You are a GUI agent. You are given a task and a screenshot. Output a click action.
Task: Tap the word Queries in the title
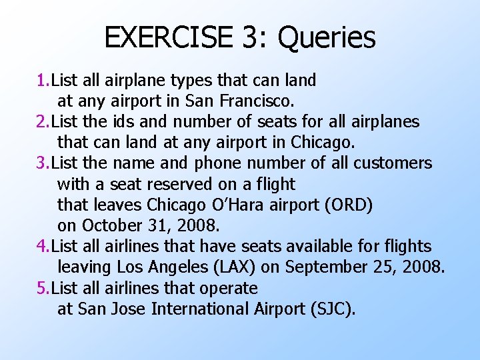[x=327, y=39]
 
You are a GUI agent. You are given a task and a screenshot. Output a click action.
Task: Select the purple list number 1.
[x=41, y=81]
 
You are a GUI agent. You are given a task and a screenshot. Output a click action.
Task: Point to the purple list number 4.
[x=41, y=247]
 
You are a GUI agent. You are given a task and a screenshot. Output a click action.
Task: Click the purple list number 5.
[x=41, y=288]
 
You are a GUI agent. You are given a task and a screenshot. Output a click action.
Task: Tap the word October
[x=110, y=226]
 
